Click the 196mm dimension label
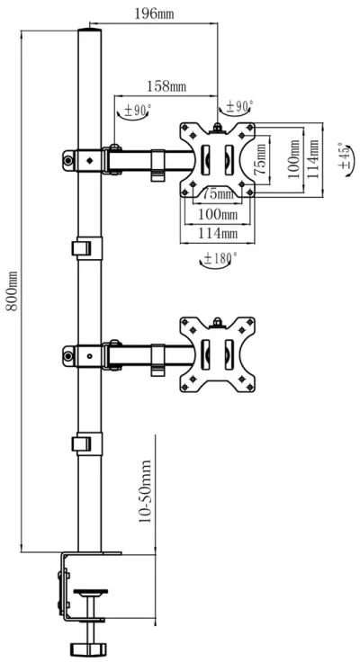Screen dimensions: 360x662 tap(154, 13)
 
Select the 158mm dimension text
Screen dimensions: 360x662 tap(166, 86)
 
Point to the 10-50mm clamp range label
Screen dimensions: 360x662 tap(145, 491)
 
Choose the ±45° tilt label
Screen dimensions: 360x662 tap(345, 157)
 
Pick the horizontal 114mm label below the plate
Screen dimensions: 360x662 tap(218, 233)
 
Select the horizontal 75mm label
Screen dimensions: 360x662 tap(217, 194)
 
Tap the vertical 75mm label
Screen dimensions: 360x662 tap(261, 159)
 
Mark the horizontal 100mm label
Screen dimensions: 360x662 tap(218, 214)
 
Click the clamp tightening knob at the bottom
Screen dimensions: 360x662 tap(90, 648)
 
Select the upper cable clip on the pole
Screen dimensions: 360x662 tap(87, 248)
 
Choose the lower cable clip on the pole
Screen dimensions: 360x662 tap(87, 443)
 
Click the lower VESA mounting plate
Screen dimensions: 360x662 tap(217, 354)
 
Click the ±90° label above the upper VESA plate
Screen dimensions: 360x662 tap(237, 107)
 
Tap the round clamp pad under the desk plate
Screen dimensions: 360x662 tap(90, 592)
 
